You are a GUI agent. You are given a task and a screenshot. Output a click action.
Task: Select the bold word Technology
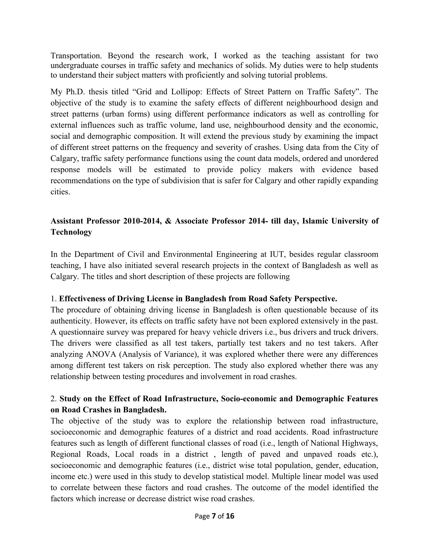(x=71, y=232)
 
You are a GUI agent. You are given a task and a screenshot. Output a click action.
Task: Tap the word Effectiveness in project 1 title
(x=83, y=299)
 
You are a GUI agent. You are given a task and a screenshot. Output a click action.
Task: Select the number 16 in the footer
(x=230, y=516)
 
